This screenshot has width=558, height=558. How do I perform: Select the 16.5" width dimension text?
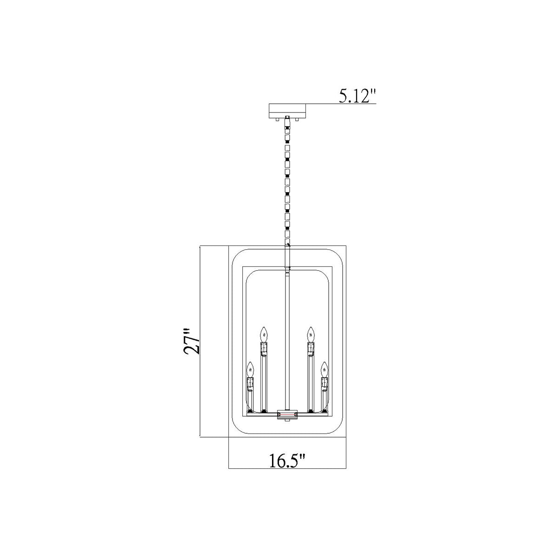[287, 461]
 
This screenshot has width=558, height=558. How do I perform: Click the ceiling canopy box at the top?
[287, 111]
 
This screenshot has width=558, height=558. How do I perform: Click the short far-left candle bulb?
[250, 370]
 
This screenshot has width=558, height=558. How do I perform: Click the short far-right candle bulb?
[324, 370]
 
